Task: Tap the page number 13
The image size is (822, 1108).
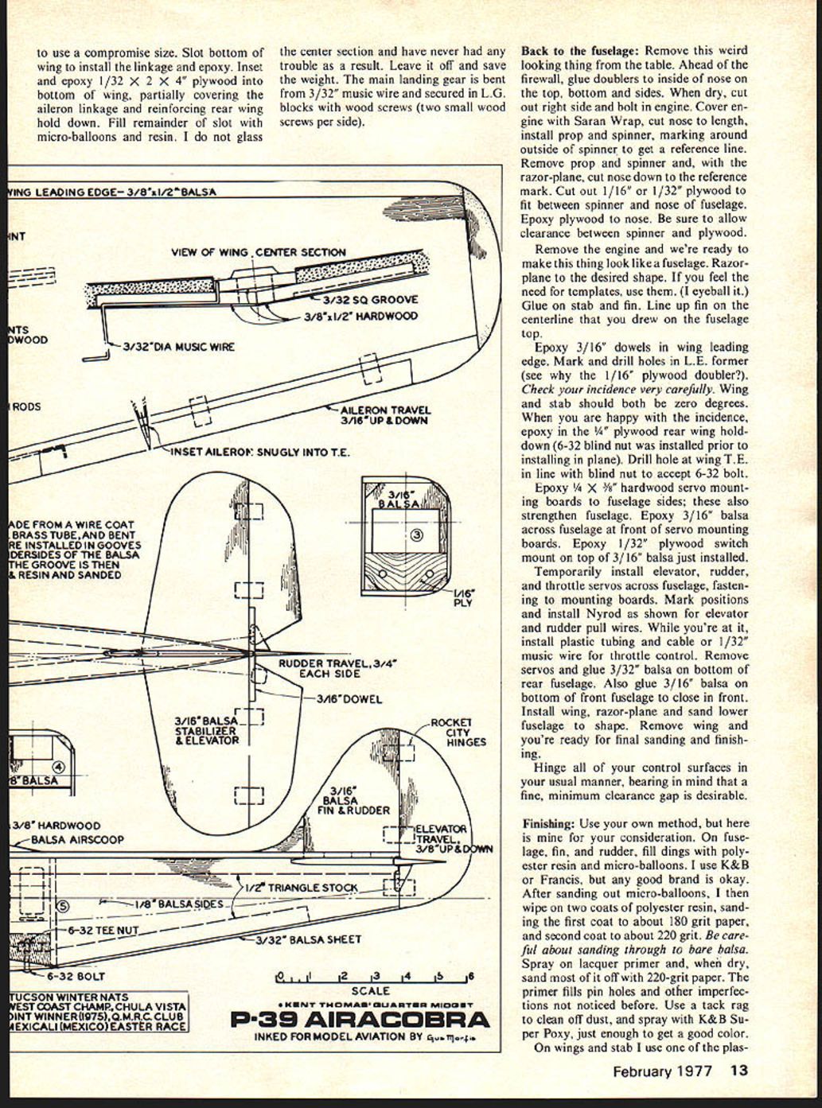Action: click(x=738, y=1070)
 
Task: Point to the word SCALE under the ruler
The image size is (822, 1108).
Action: click(x=370, y=991)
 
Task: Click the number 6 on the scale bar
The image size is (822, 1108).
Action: click(x=470, y=976)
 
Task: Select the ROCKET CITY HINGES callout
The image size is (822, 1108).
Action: click(x=458, y=732)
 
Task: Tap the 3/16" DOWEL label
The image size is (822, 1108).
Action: click(x=349, y=699)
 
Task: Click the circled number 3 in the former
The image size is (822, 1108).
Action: click(x=417, y=535)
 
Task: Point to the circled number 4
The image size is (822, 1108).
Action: click(x=57, y=767)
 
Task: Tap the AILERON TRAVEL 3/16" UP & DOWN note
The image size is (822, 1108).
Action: click(x=384, y=415)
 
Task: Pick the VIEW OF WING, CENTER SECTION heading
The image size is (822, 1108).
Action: click(x=259, y=252)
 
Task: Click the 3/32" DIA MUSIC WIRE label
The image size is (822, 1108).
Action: click(x=179, y=347)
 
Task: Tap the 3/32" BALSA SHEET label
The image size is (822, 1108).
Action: click(x=308, y=939)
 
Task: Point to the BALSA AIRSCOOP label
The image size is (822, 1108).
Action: click(x=77, y=839)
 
